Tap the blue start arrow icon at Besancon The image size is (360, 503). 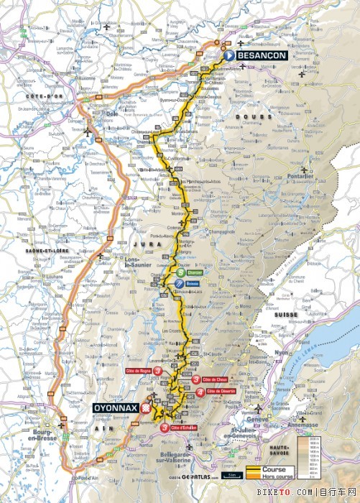[229, 55]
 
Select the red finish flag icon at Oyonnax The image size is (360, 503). [146, 407]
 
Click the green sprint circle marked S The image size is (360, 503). [180, 273]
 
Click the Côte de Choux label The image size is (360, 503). [218, 379]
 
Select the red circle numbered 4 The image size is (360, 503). [199, 391]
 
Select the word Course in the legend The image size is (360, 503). [273, 470]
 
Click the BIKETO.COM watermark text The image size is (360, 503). [315, 492]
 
